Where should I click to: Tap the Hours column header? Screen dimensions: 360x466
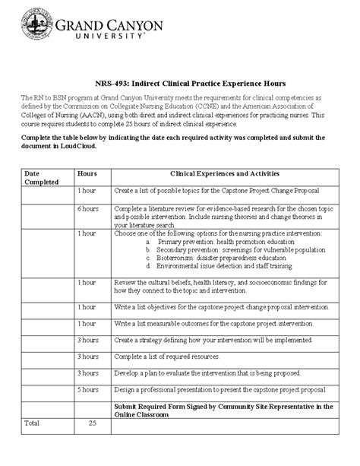pos(87,173)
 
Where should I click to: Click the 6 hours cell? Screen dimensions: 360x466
pos(87,208)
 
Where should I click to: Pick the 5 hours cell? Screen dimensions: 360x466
pos(87,389)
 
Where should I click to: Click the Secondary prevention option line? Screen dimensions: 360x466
pos(228,249)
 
